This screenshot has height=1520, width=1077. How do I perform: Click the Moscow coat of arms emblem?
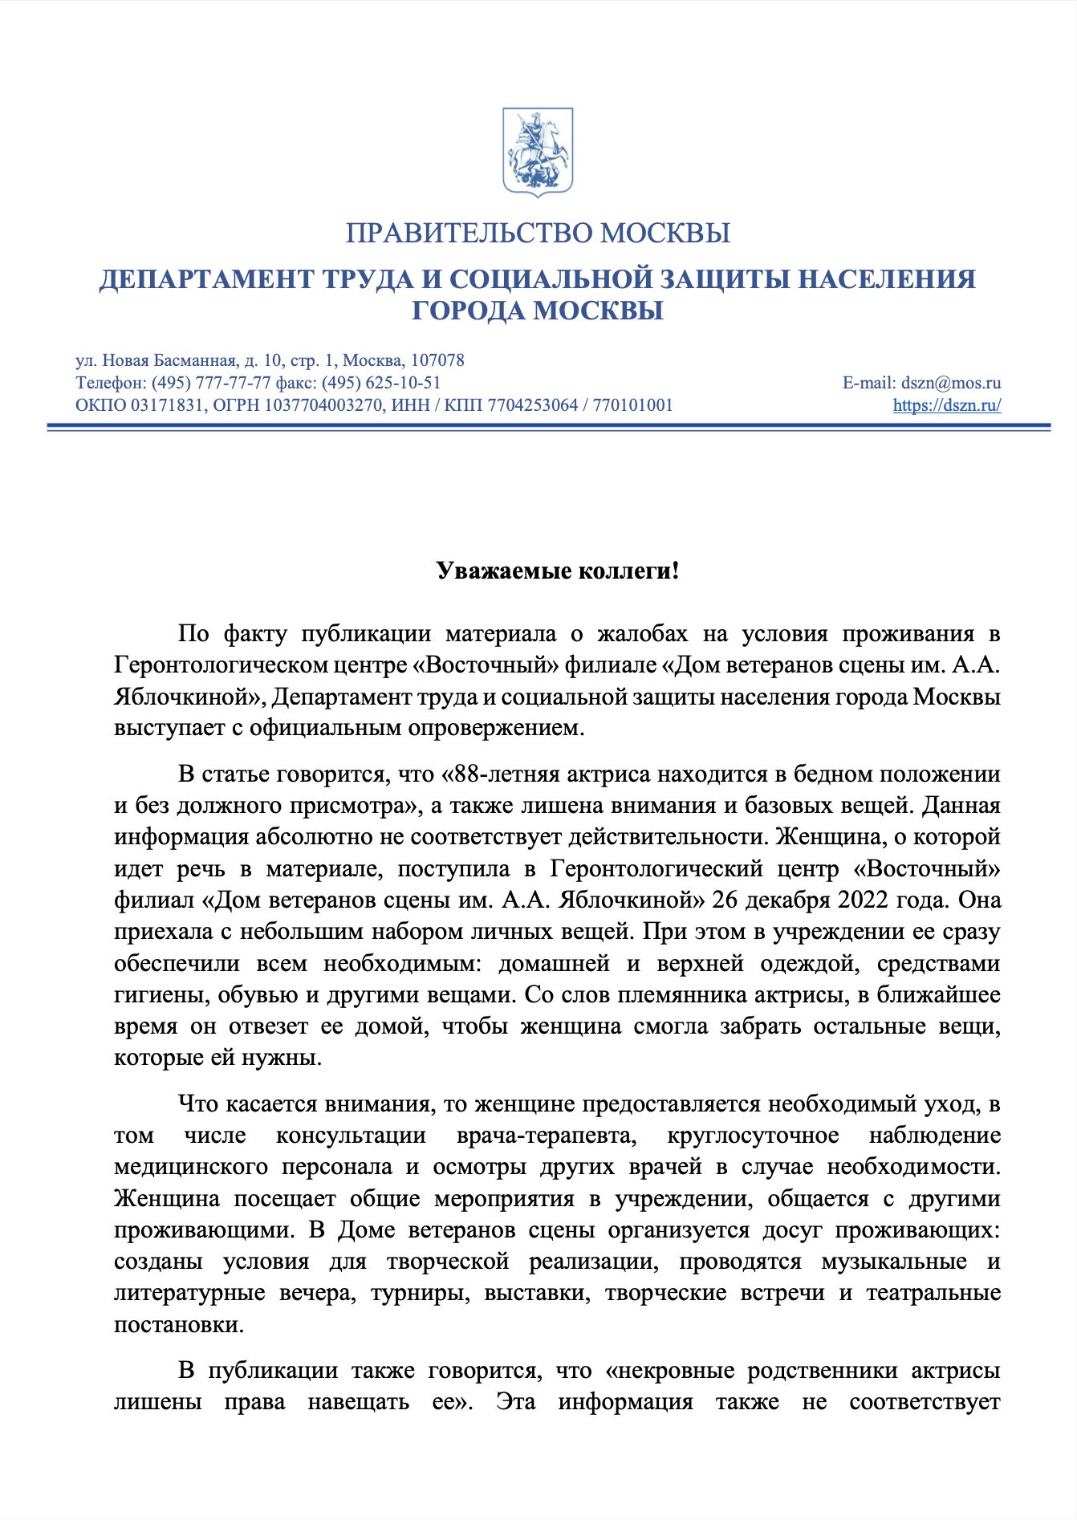537,152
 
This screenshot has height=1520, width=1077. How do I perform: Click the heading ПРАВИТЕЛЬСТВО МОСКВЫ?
538,234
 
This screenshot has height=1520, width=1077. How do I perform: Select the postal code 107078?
437,360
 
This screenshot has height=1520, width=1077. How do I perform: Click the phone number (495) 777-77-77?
211,383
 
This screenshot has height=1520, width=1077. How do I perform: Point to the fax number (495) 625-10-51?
381,383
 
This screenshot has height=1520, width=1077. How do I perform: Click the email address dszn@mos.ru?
951,383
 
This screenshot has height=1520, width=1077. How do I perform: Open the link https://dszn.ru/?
947,405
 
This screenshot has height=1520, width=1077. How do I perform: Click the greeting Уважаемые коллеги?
558,571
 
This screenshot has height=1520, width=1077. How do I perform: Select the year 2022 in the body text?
863,900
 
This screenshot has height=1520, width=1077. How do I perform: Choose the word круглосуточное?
753,1136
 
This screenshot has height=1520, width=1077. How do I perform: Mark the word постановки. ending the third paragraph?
179,1324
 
